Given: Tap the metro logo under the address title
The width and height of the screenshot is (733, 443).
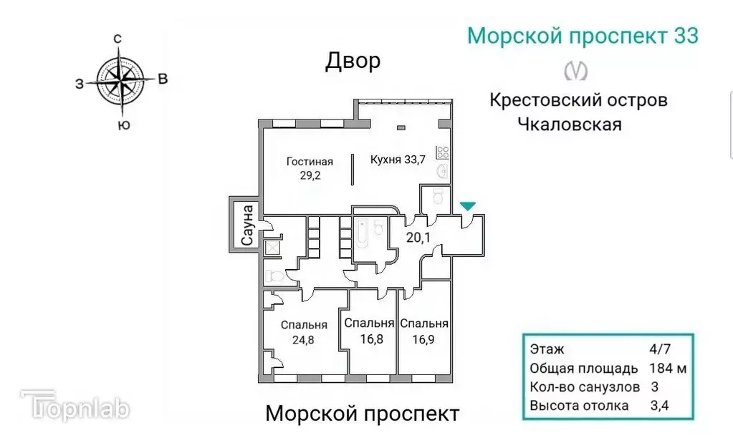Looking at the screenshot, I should tap(576, 70).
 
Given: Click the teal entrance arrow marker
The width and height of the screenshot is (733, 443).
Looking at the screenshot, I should tap(467, 206).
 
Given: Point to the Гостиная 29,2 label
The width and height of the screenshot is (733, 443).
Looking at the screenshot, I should tap(310, 168).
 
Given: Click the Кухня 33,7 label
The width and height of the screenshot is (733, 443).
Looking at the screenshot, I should tap(398, 160).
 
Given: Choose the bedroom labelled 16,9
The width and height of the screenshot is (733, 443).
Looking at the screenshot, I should tap(424, 330).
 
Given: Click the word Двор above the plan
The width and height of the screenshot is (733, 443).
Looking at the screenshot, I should tap(353, 62).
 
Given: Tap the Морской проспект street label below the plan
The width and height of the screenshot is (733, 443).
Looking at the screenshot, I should tap(362, 414).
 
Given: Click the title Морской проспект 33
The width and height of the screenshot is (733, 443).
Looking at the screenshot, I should tap(583, 36).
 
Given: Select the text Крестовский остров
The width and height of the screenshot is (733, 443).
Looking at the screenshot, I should tap(578, 99).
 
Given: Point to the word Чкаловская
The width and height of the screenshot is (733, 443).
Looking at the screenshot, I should tap(569, 124).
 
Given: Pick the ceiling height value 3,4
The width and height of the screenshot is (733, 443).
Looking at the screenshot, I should tap(658, 406).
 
